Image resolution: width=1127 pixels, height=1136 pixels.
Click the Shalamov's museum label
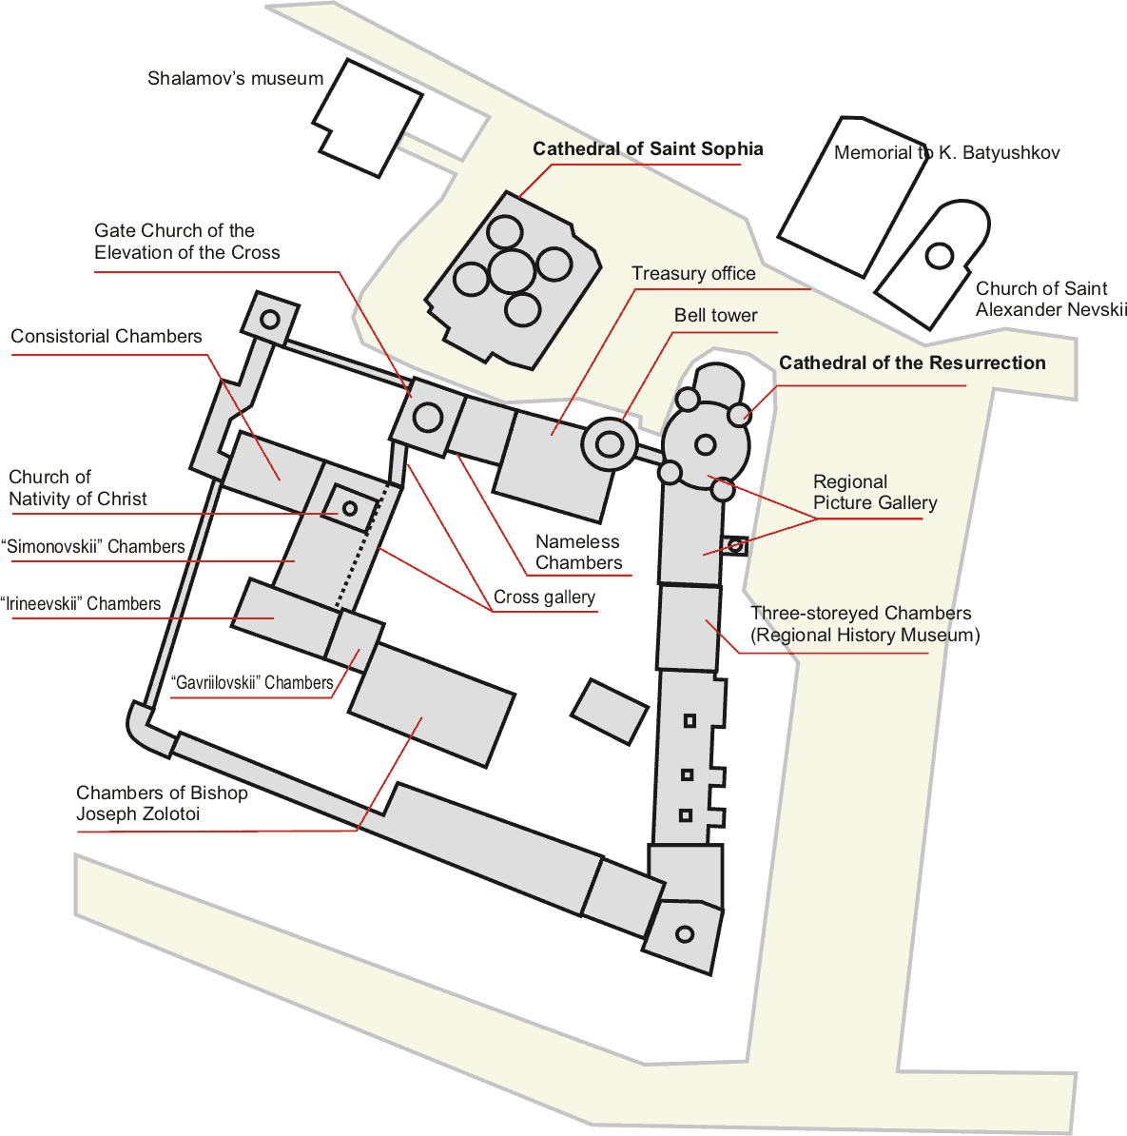[x=236, y=78]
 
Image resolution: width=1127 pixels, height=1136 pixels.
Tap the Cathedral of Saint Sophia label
[x=648, y=148]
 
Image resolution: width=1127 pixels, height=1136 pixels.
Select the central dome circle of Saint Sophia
[x=512, y=270]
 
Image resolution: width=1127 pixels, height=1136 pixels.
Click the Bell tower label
[x=715, y=315]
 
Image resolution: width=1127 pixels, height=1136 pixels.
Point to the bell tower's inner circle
[x=610, y=444]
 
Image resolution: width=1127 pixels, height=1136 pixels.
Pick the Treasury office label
[x=693, y=273]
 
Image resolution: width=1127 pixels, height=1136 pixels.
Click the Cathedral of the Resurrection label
[x=912, y=362]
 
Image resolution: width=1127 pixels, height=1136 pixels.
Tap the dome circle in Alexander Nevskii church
[x=940, y=255]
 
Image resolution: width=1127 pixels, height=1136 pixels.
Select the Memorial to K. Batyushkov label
[x=946, y=152]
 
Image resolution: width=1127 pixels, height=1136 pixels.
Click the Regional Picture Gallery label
[x=875, y=492]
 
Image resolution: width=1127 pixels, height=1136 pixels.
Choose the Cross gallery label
[x=544, y=597]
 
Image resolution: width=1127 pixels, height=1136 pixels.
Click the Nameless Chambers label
[x=578, y=552]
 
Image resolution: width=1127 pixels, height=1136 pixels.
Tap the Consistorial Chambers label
[x=106, y=336]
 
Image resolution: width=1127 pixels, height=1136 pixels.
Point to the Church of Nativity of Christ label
[x=77, y=487]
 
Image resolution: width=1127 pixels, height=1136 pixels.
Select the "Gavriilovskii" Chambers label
[x=252, y=682]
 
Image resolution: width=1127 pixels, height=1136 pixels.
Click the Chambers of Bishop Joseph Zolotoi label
[x=162, y=803]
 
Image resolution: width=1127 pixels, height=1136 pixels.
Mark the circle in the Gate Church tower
[x=427, y=418]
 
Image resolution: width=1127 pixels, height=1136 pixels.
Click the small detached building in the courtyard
[x=609, y=712]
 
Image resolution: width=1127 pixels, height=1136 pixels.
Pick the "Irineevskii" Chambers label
[x=81, y=603]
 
